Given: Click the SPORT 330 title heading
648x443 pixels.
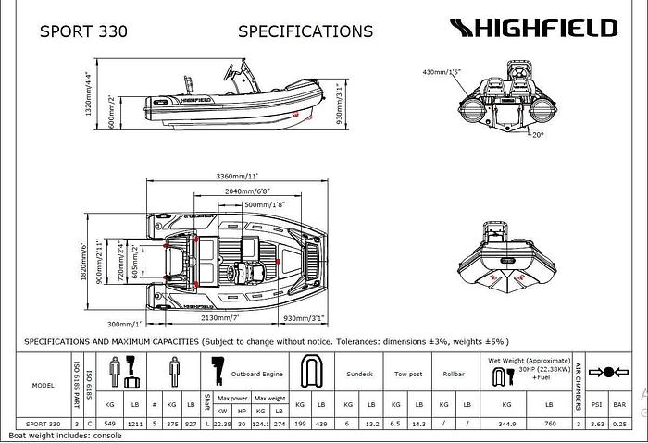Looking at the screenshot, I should (x=83, y=31).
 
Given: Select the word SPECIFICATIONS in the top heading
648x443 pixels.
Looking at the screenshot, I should (x=305, y=31).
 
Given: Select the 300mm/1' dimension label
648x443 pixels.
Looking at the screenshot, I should (x=124, y=325).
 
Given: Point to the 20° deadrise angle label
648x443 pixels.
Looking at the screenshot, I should (x=537, y=134).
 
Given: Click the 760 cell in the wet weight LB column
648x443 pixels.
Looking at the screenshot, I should (x=550, y=423).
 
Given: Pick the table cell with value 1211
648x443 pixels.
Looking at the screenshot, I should (x=134, y=423).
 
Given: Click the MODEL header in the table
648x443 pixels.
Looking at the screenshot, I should (x=43, y=385).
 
